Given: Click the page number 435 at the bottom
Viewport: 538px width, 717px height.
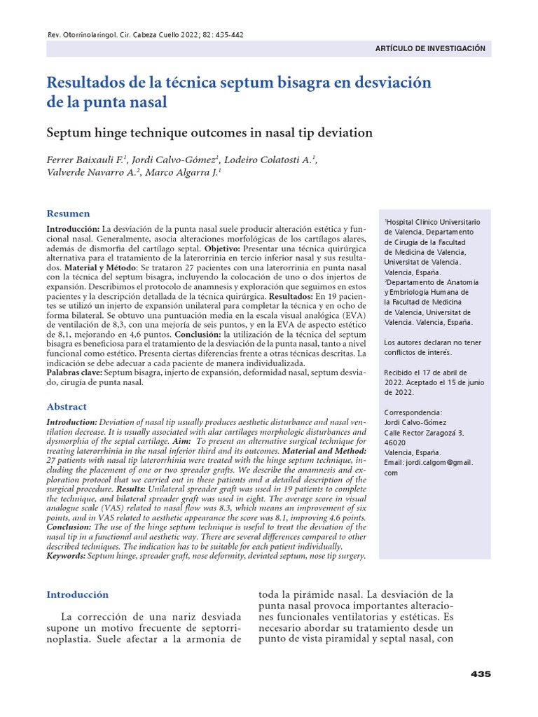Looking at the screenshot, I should [481, 674].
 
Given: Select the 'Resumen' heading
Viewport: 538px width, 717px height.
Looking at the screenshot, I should [68, 214].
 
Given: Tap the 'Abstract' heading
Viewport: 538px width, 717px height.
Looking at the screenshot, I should [67, 407].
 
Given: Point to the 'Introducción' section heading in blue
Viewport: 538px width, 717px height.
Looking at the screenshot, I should [78, 594].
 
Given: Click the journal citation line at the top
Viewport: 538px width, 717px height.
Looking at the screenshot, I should [144, 35].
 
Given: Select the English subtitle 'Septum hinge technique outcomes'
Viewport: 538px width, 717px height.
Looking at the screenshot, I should [209, 132].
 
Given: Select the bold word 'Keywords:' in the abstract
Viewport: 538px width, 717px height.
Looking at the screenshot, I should [65, 555].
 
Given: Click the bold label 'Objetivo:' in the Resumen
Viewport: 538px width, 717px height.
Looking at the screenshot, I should [223, 249].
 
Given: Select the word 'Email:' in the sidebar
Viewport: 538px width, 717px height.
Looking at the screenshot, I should [396, 463].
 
